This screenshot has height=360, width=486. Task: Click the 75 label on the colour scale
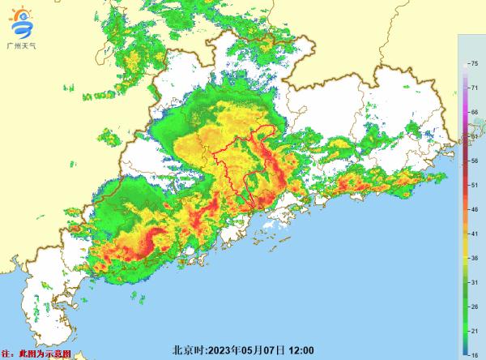[x=473, y=63]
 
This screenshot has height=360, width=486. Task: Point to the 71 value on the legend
[x=473, y=83]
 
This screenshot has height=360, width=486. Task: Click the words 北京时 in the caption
[x=187, y=350]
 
